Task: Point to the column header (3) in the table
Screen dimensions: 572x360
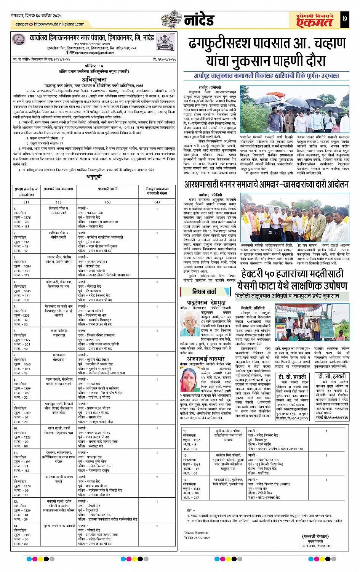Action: pos(107,202)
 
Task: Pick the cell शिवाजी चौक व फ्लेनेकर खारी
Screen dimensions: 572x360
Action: pos(58,211)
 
